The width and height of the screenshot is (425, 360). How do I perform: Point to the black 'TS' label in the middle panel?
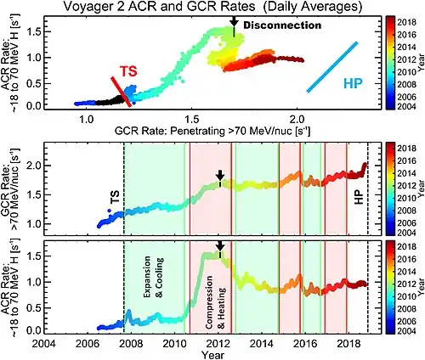[x=114, y=198]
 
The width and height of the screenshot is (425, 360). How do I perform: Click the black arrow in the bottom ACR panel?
[x=219, y=248]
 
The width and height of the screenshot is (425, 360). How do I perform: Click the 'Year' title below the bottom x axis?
[x=207, y=354]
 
